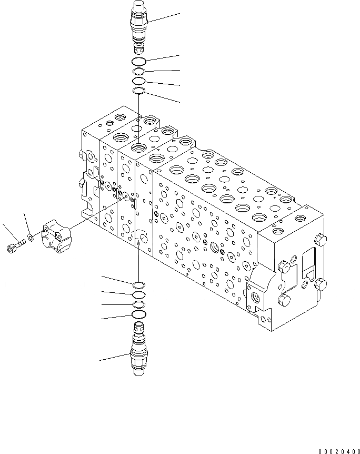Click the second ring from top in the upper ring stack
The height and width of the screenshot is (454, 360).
point(139,72)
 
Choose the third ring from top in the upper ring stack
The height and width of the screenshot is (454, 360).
point(139,82)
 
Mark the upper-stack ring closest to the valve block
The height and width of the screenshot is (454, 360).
point(139,92)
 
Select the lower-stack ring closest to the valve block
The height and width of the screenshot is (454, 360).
point(139,285)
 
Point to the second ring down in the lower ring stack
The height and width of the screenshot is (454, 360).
point(139,295)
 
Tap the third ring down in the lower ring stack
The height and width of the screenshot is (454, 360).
point(139,305)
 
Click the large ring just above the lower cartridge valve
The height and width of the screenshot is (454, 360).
point(139,315)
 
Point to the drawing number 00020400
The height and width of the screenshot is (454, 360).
point(338,451)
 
